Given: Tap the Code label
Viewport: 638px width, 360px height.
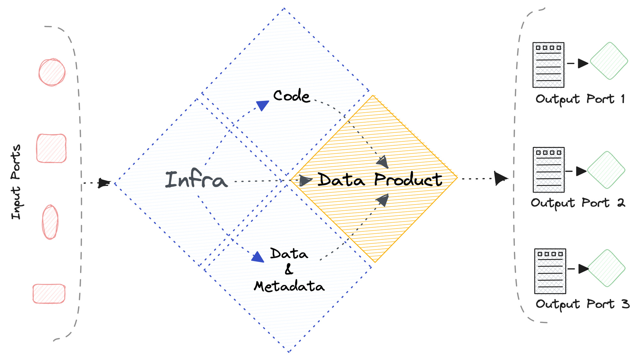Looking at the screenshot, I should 292,96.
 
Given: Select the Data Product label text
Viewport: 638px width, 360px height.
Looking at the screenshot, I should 380,180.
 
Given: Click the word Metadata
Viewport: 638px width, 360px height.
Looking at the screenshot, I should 289,286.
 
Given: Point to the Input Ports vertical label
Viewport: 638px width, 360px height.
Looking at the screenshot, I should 16,182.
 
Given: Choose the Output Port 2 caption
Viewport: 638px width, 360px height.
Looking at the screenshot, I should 578,203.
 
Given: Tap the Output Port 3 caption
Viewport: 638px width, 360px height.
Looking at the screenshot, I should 582,304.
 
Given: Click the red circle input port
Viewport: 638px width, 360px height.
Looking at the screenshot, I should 52,72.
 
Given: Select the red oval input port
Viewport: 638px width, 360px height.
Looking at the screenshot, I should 50,222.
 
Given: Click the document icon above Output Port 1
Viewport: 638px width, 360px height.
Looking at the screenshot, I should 548,65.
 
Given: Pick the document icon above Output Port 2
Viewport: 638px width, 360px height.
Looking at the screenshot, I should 548,170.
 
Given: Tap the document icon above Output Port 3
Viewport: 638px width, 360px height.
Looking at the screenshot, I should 550,271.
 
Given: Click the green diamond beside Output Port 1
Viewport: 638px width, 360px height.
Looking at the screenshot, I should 609,61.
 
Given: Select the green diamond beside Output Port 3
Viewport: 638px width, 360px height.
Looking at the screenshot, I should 606,268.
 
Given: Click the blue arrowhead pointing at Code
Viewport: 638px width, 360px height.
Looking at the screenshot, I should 263,105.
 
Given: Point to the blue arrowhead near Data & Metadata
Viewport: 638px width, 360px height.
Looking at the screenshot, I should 258,257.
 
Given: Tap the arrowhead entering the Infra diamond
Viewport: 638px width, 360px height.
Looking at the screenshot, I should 103,183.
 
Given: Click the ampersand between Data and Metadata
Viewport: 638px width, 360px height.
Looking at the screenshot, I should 289,270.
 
